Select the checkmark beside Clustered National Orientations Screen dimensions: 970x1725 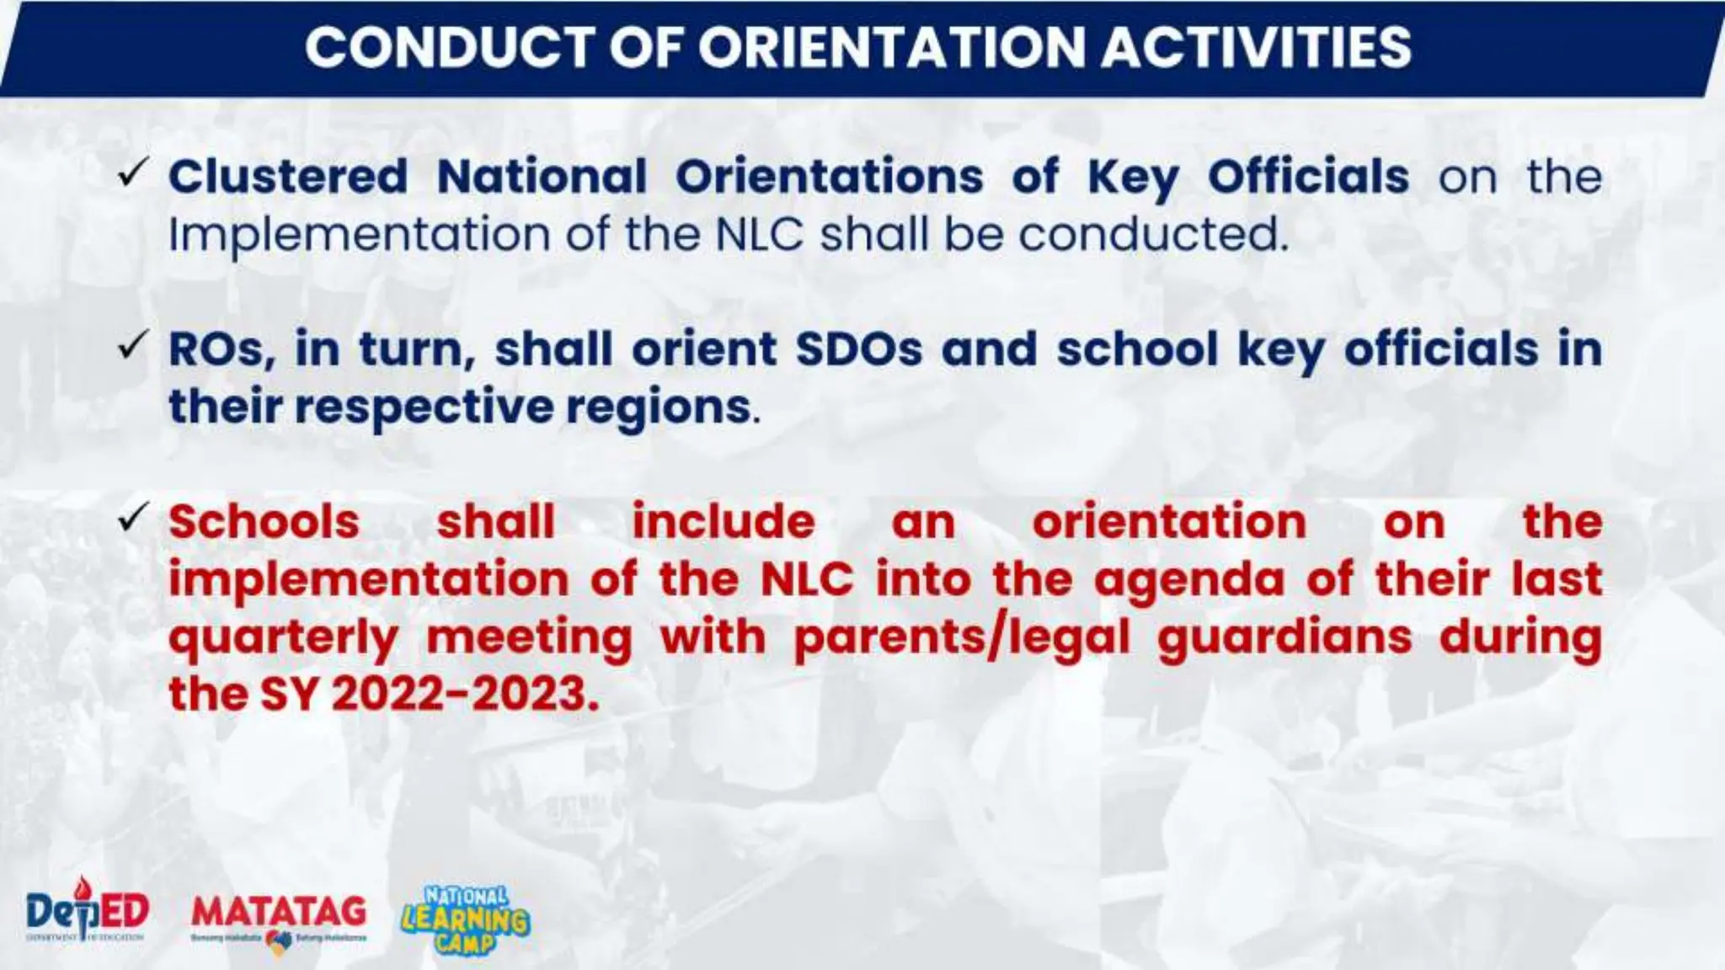134,173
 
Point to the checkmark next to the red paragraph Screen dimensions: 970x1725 134,517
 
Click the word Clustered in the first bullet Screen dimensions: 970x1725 288,177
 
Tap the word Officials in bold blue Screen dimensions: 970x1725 1308,177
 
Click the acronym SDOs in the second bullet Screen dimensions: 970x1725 859,349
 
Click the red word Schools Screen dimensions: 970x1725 264,522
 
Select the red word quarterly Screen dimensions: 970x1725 284,638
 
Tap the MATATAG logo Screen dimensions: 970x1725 279,917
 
